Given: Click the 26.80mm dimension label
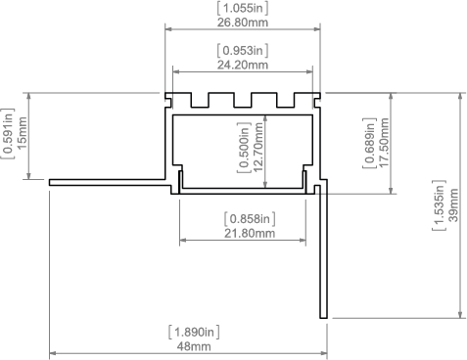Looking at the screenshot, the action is [243, 22].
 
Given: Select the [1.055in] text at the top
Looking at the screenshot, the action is [243, 8].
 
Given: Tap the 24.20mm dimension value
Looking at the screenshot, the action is [243, 65].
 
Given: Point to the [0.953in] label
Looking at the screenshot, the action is [243, 51].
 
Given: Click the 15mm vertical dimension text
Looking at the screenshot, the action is [23, 133].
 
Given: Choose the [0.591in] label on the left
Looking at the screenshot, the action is [8, 133].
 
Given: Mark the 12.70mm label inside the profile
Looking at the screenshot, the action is [257, 148].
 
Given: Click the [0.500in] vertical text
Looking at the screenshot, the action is [244, 148].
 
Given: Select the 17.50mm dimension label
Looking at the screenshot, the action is [384, 143].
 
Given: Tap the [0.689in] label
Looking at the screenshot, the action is [370, 143].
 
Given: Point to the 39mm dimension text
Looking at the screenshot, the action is [453, 205].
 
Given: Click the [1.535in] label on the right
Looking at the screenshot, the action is [440, 205].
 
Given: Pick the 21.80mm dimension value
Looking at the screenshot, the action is [250, 233].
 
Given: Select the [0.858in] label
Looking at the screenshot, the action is [250, 219].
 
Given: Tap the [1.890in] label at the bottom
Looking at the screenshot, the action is [194, 333].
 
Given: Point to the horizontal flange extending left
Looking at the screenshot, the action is [111, 182].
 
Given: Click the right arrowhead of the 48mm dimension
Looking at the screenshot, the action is [324, 353].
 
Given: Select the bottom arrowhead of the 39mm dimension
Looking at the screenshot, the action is [460, 314].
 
